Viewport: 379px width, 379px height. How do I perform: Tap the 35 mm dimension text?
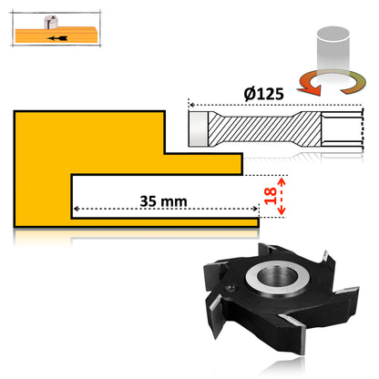coord(164,200)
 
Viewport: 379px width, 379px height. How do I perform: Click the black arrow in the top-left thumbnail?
coord(57,39)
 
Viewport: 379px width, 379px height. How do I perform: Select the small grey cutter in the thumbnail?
coord(48,22)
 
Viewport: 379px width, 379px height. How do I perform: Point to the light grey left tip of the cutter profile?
coord(199,128)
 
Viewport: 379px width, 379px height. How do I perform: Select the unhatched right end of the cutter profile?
coord(345,128)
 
